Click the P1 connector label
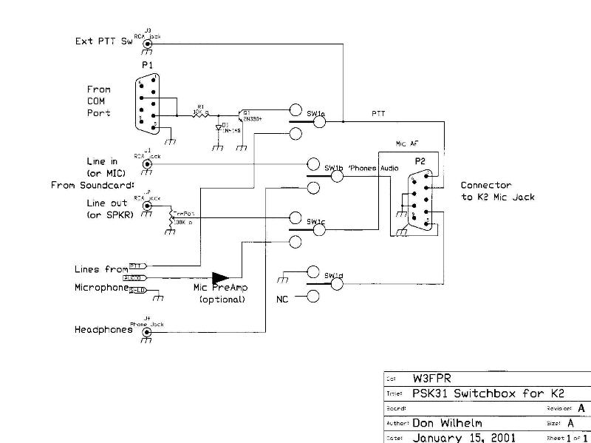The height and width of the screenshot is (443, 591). [146, 66]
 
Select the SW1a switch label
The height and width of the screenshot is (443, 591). [316, 114]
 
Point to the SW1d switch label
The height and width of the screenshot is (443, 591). [334, 277]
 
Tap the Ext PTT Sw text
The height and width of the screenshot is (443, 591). [103, 41]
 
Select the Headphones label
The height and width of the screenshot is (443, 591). [103, 330]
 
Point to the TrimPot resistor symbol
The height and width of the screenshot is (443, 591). [172, 218]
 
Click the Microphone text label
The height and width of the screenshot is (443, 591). [101, 287]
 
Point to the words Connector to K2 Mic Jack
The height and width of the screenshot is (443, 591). [497, 191]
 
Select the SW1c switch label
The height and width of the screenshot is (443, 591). [316, 222]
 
